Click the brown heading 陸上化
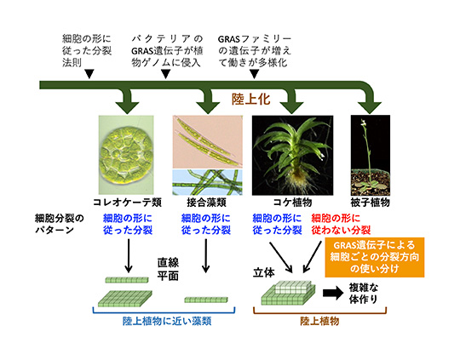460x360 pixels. point(250,100)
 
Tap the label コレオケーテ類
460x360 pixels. point(127,203)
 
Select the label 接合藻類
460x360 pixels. point(206,203)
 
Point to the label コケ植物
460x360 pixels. point(292,203)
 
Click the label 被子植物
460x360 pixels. point(371,203)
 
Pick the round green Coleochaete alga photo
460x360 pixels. point(126,155)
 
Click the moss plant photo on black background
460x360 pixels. point(292,156)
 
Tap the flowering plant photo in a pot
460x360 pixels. point(371,156)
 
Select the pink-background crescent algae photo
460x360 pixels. point(207,141)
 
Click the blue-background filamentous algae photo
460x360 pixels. point(207,182)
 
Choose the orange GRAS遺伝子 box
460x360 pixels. point(375,257)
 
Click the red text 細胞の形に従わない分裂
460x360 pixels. point(341,225)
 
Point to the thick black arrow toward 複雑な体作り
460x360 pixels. point(333,293)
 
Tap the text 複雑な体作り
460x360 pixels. point(364,293)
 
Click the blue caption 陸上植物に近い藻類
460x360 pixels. point(167,322)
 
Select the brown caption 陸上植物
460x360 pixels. point(319,322)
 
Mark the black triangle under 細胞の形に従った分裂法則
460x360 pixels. point(89,74)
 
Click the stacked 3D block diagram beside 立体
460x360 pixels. point(289,293)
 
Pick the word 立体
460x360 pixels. point(264,272)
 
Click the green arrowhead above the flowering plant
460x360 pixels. point(370,108)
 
